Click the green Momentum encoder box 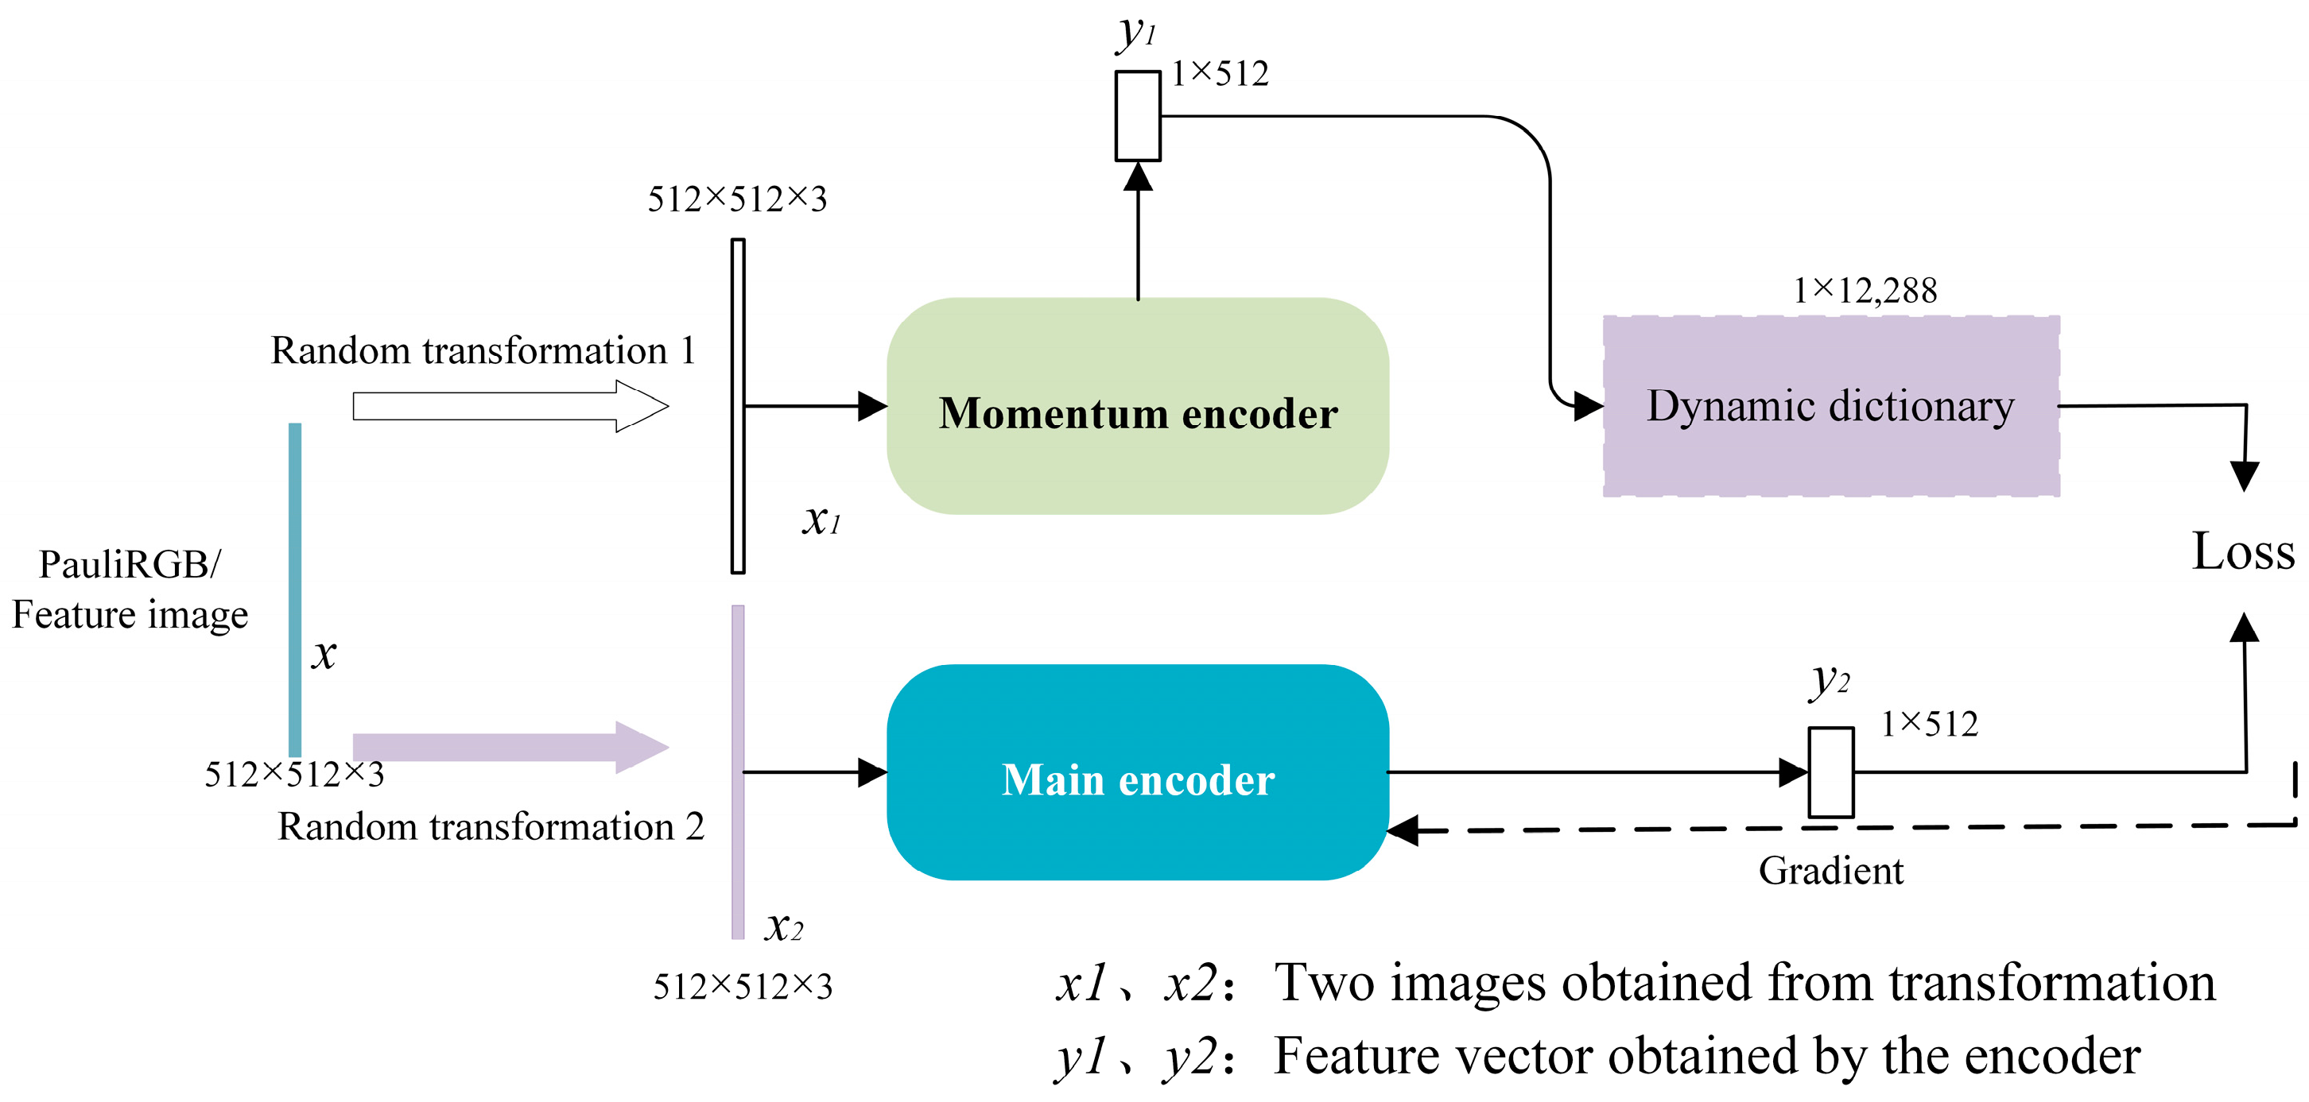(x=1138, y=406)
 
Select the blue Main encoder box (x=1138, y=772)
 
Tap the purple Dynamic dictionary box (x=1830, y=406)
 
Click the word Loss (x=2243, y=551)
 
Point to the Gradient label (x=1830, y=871)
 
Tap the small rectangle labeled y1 (x=1138, y=117)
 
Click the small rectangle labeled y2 (x=1830, y=772)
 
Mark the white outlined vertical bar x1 (x=738, y=406)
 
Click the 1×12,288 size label (x=1865, y=290)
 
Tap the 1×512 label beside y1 (x=1220, y=73)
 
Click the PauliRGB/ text (x=130, y=564)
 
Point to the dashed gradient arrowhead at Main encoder (x=1403, y=830)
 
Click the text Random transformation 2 (x=491, y=826)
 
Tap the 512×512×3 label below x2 (x=742, y=987)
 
